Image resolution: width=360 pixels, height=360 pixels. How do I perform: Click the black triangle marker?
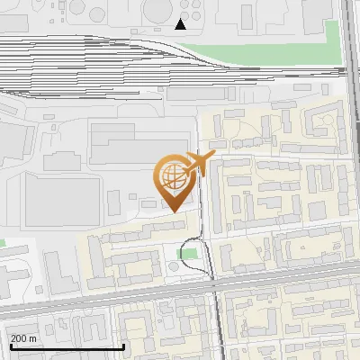[181, 23]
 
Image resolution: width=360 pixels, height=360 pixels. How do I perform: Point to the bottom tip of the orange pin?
[172, 211]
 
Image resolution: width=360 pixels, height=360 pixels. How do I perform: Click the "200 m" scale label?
[24, 338]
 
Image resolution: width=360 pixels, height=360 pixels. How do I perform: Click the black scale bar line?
[67, 346]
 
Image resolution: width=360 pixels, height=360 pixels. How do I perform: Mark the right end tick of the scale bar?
[123, 345]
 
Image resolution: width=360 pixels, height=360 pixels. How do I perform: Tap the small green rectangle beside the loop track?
[187, 255]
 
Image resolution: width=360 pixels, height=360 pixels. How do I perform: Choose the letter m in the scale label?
[33, 338]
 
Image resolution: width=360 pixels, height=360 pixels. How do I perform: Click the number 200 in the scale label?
[20, 338]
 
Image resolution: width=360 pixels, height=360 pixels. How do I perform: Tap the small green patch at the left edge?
[3, 243]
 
